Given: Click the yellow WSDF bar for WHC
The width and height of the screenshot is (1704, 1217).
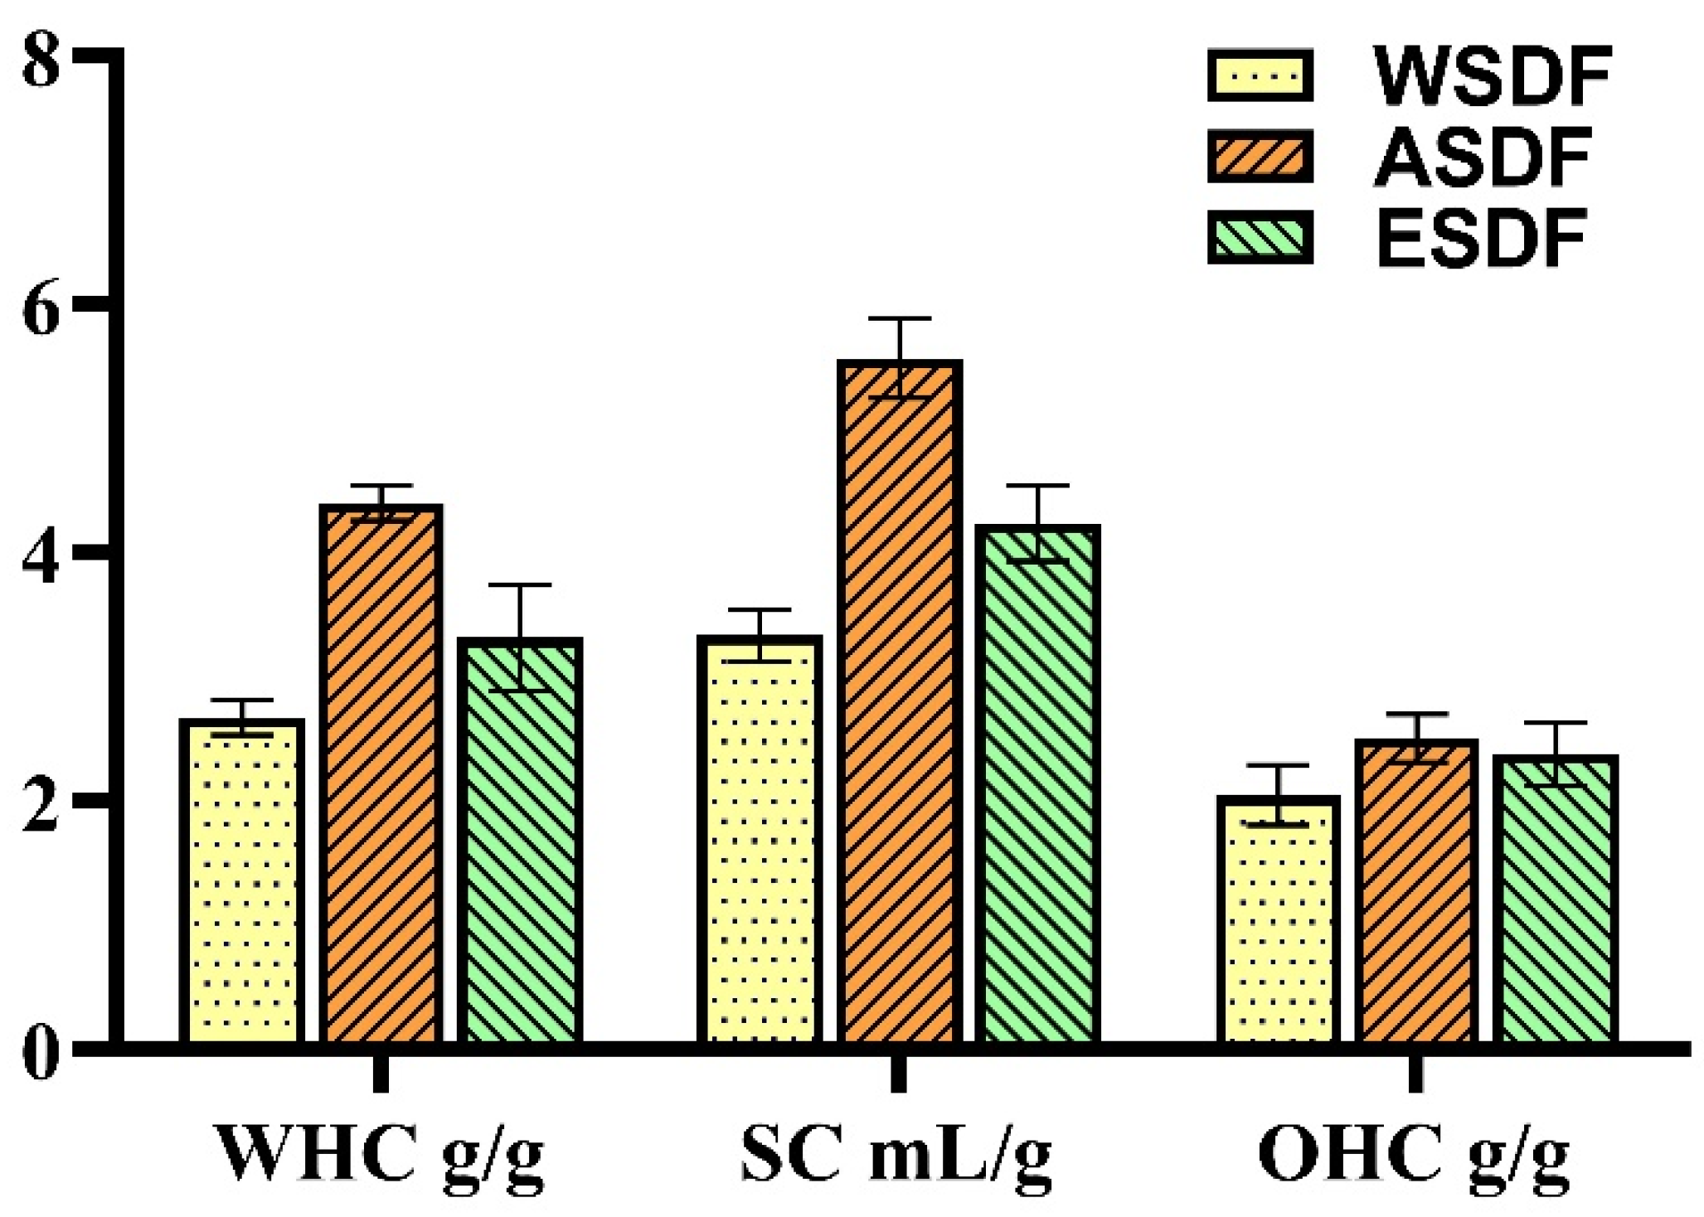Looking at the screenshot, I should (241, 883).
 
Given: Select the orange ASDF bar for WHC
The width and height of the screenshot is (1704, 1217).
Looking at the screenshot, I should (381, 775).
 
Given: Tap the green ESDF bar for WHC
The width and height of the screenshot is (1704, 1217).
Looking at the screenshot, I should (520, 841).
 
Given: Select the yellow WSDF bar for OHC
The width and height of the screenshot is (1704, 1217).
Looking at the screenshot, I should (1278, 920).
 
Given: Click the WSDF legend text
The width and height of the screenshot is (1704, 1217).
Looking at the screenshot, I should (1492, 76).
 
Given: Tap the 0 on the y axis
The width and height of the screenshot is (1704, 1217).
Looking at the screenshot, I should (41, 1055).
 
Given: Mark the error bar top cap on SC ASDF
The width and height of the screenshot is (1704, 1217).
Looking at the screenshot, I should (899, 318).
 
